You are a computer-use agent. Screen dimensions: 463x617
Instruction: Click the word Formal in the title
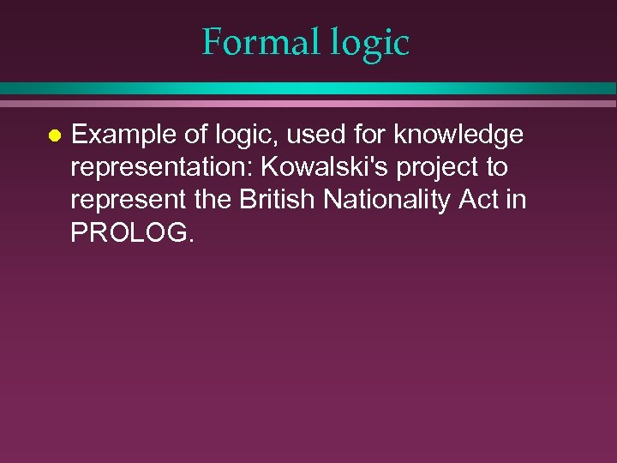click(249, 42)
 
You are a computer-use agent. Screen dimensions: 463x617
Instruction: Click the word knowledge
click(458, 135)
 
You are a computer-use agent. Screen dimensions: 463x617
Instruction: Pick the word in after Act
click(518, 200)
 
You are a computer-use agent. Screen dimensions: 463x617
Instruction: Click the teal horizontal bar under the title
click(308, 88)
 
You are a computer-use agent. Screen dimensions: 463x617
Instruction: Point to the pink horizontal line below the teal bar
click(308, 103)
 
